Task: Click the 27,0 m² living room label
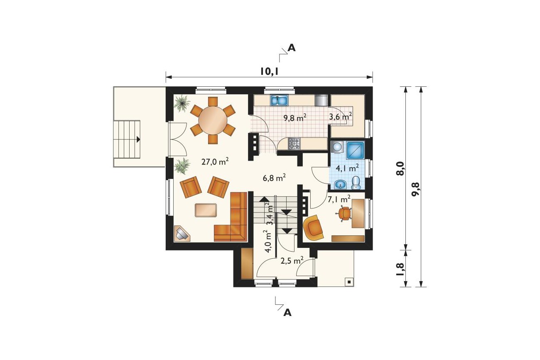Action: point(215,162)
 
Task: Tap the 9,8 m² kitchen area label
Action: point(295,118)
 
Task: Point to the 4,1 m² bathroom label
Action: point(347,168)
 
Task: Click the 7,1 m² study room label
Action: point(339,200)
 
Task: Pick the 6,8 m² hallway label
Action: point(274,178)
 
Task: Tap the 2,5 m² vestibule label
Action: point(292,261)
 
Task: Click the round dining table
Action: point(213,120)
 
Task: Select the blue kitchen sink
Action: point(280,100)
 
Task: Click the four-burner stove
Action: point(295,144)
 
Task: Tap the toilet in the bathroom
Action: point(356,183)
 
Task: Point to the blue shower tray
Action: point(355,151)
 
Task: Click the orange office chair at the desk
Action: point(344,213)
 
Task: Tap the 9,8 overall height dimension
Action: point(416,189)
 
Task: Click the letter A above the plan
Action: point(292,48)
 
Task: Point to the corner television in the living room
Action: point(182,233)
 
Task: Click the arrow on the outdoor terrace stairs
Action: point(138,139)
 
